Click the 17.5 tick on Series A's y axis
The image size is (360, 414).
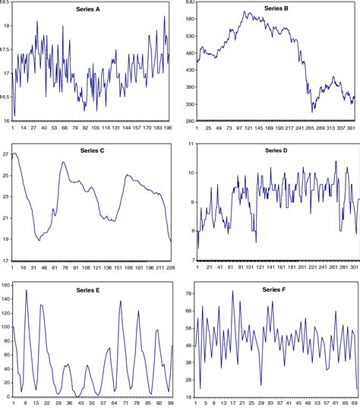[6, 49]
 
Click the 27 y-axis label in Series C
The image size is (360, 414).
[6, 154]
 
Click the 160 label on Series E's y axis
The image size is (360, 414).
[6, 285]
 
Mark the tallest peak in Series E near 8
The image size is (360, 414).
[27, 290]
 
